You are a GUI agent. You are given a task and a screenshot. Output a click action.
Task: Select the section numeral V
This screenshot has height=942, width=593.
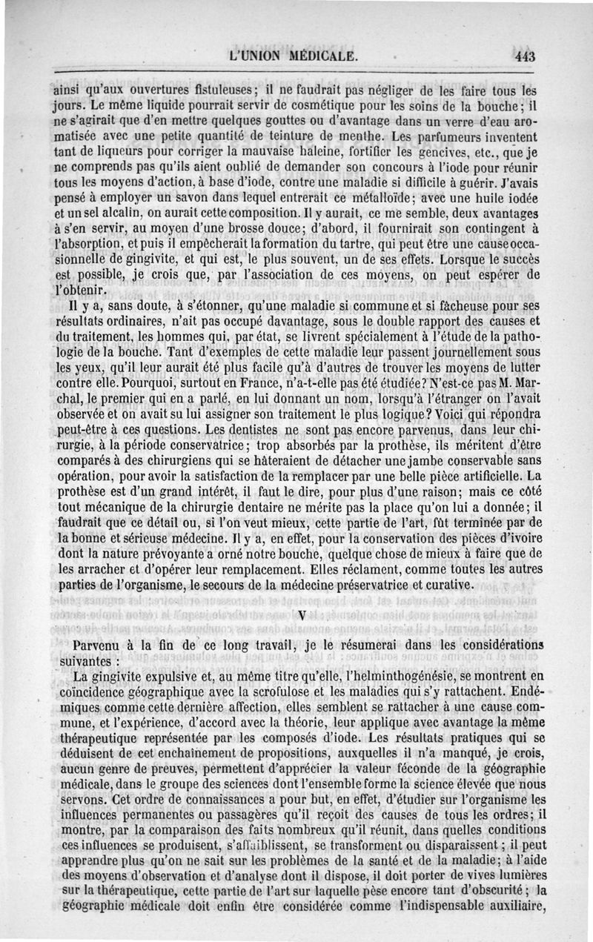[x=301, y=614]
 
